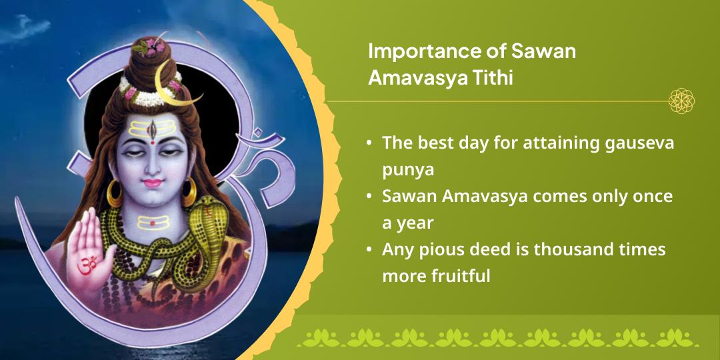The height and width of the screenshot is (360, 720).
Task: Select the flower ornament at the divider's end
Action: pos(681,101)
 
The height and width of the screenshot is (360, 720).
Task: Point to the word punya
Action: pos(408,170)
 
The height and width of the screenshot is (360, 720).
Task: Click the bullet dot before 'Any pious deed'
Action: pos(369,250)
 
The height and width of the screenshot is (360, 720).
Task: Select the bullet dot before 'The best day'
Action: pos(369,143)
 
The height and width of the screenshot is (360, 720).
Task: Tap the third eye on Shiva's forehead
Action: pos(153,127)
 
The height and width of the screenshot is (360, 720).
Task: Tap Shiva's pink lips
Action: pos(153,183)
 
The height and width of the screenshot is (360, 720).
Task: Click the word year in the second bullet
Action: pos(417,223)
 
